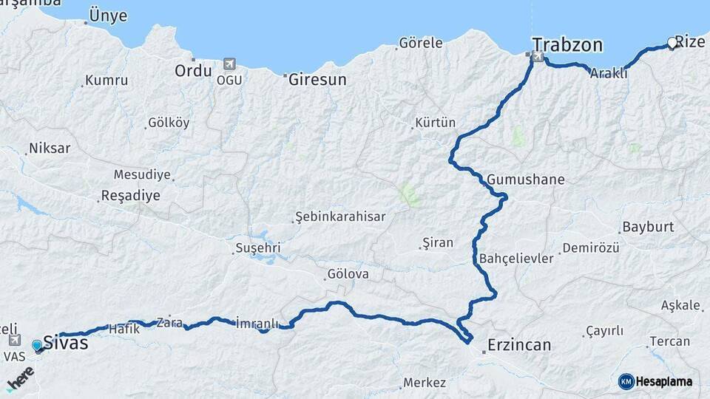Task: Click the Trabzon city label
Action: pos(567,45)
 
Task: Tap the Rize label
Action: pos(690,42)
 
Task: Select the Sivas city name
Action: pos(66,343)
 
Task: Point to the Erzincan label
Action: pos(520,345)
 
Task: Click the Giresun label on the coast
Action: pos(317,80)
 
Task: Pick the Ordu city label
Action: pos(193,71)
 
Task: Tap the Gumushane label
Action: pos(526,180)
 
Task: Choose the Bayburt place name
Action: pos(648,227)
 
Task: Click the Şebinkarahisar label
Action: pos(340,216)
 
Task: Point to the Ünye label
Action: pos(107,16)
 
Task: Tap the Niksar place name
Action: pos(50,149)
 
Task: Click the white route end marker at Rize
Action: pos(672,44)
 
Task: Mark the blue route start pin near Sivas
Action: pos(38,345)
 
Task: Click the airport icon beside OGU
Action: pos(229,65)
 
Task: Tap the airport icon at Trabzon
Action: pos(537,56)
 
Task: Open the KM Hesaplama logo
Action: pos(655,381)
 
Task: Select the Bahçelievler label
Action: pos(516,259)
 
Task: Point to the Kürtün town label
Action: pos(436,123)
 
